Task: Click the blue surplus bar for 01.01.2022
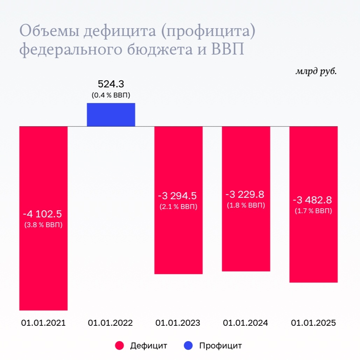(111, 115)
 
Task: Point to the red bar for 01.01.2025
(313, 245)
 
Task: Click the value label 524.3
(111, 84)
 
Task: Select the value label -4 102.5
(43, 214)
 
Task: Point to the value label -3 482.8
(312, 200)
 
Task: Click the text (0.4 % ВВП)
(111, 95)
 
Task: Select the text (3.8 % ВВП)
(43, 225)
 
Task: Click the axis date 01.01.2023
(178, 323)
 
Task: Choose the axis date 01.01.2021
(43, 323)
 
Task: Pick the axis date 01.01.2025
(313, 323)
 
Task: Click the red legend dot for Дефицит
(120, 346)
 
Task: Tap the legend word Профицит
(220, 346)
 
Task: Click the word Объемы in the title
(49, 32)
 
